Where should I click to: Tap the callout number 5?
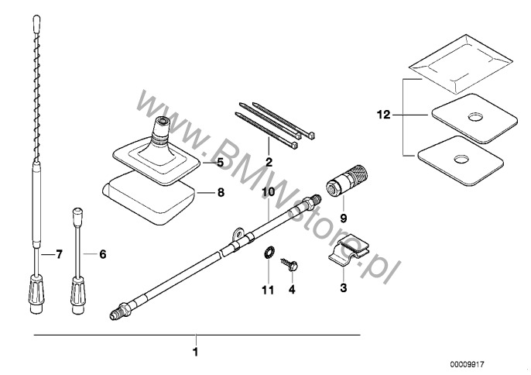coord(219,163)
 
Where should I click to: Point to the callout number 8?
coord(221,190)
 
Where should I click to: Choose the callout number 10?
coord(269,191)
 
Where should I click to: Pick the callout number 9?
coord(343,218)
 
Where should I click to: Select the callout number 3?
coord(343,288)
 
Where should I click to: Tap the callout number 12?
coord(381,114)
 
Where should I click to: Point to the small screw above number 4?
coord(290,263)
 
